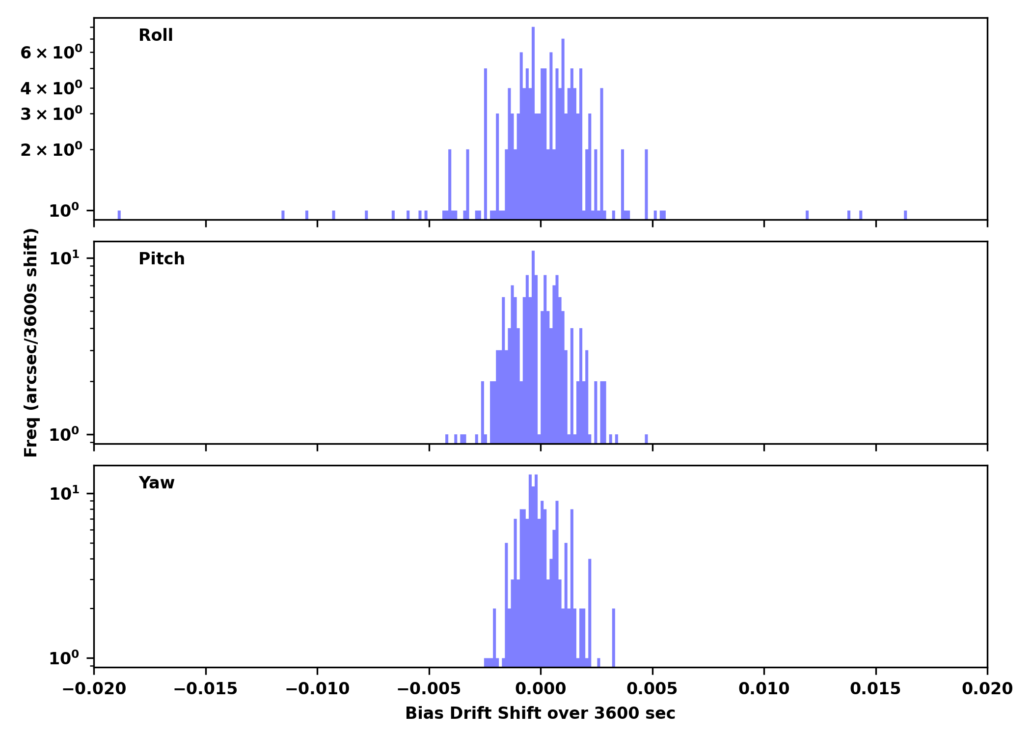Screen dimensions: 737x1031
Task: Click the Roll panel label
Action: pyautogui.click(x=156, y=35)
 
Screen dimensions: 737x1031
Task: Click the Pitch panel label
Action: pyautogui.click(x=162, y=259)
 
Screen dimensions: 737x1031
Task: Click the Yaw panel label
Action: pyautogui.click(x=157, y=483)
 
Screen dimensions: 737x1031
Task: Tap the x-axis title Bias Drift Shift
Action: pyautogui.click(x=540, y=713)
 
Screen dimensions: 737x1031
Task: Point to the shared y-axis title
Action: pyautogui.click(x=31, y=342)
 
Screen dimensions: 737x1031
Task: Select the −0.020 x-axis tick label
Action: pyautogui.click(x=94, y=689)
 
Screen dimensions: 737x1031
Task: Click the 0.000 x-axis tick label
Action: pyautogui.click(x=541, y=689)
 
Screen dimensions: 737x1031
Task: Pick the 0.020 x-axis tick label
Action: pyautogui.click(x=987, y=689)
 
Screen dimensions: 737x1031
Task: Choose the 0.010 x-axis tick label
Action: pyautogui.click(x=764, y=689)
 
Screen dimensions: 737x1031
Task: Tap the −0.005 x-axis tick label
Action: pyautogui.click(x=429, y=689)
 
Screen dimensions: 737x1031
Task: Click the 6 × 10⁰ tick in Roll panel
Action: pyautogui.click(x=51, y=53)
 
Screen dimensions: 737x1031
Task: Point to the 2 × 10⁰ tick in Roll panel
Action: pyautogui.click(x=51, y=150)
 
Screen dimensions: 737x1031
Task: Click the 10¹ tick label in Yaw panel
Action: pyautogui.click(x=64, y=493)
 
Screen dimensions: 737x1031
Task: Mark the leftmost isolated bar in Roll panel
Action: pyautogui.click(x=119, y=215)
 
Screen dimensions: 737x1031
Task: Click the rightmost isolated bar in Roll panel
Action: pyautogui.click(x=905, y=215)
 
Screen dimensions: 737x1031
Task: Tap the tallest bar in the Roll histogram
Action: pyautogui.click(x=533, y=123)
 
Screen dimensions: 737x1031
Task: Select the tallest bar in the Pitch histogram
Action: pyautogui.click(x=533, y=344)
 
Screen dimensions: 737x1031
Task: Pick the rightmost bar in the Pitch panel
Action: pyautogui.click(x=646, y=438)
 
